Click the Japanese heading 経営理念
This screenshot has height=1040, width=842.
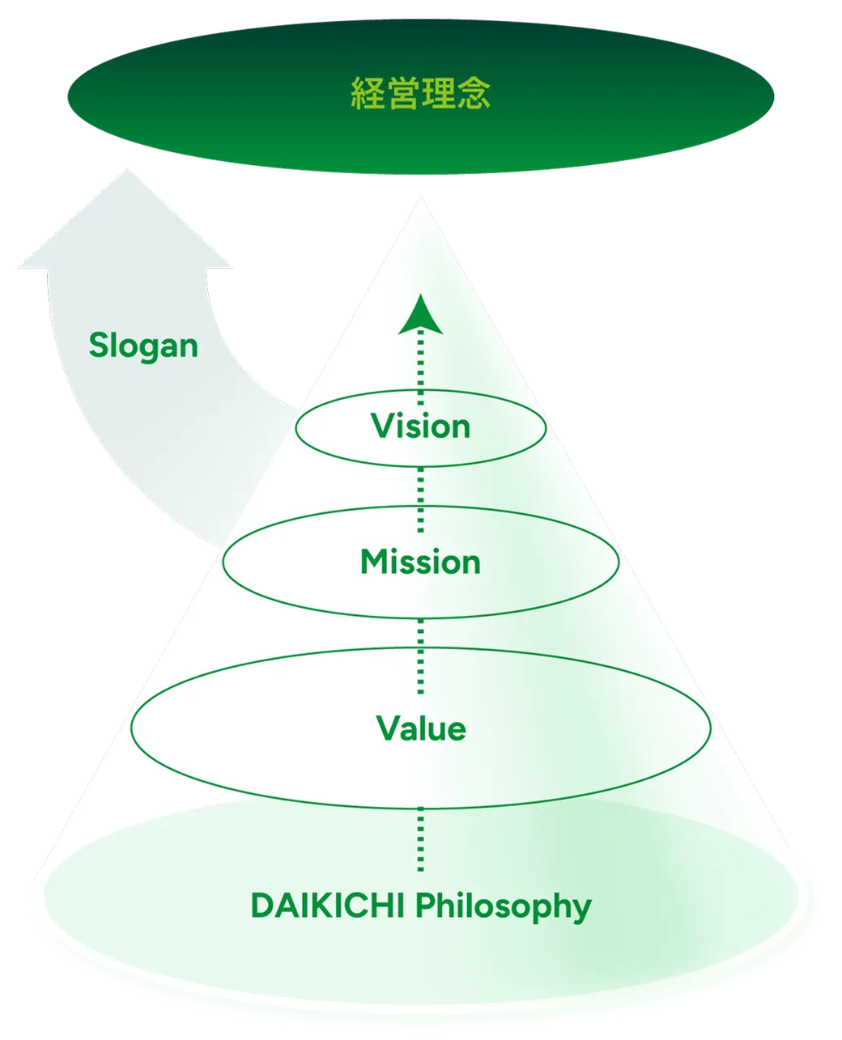(x=420, y=93)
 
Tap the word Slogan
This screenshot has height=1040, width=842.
(x=143, y=346)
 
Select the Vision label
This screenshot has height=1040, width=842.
(x=420, y=426)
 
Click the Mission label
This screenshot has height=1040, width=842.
(x=420, y=562)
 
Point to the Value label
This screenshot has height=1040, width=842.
(x=421, y=728)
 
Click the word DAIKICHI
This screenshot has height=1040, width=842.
(x=327, y=906)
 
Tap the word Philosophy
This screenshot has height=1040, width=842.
(x=504, y=907)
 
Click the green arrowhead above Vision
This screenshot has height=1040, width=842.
(x=420, y=315)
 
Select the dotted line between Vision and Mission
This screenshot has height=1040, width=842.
(x=420, y=499)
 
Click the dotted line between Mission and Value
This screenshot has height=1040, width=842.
(x=420, y=656)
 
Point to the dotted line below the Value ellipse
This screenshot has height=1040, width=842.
(x=420, y=838)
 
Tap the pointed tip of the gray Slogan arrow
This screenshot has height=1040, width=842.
(x=126, y=169)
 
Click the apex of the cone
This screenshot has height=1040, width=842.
(x=420, y=197)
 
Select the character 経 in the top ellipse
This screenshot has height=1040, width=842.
(x=368, y=93)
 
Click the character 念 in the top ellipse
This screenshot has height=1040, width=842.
(x=474, y=93)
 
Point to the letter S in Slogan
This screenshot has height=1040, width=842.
(x=98, y=345)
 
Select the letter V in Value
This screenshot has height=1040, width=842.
(x=388, y=728)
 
